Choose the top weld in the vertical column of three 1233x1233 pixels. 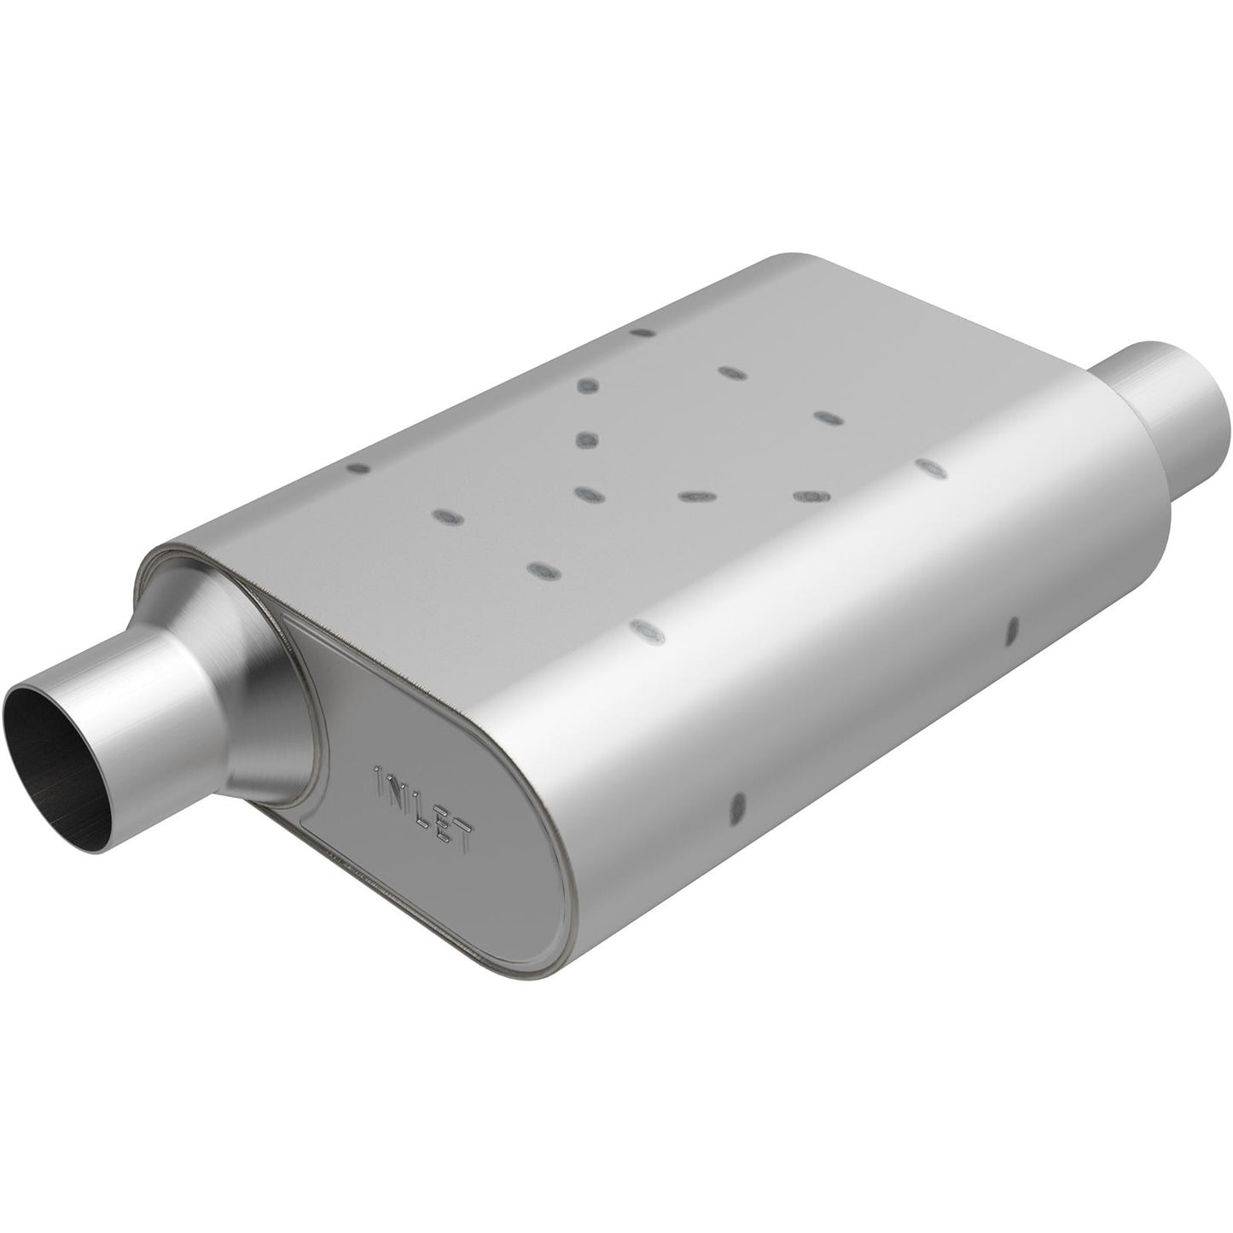pyautogui.click(x=587, y=387)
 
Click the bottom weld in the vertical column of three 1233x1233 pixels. pyautogui.click(x=585, y=494)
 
